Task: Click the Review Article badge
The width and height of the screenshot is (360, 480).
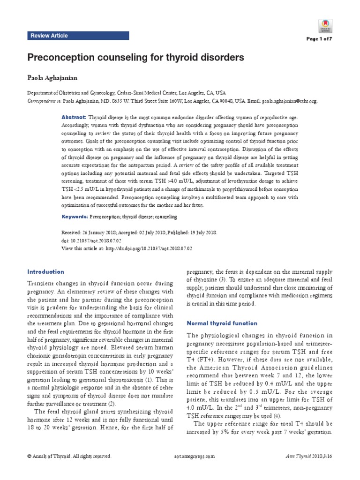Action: (x=49, y=36)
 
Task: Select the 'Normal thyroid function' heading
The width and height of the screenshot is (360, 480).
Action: (x=222, y=323)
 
